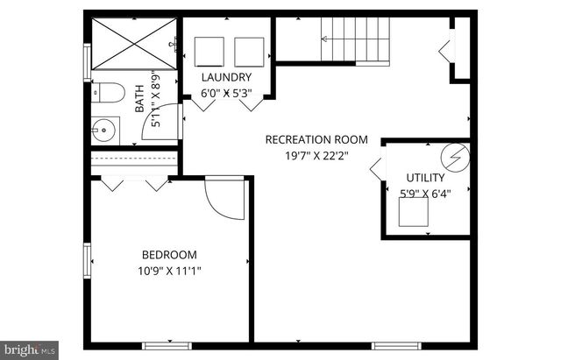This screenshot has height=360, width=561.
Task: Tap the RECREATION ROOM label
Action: (x=316, y=139)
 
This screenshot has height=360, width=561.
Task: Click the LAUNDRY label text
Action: (x=226, y=77)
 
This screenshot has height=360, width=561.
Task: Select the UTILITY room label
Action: (x=425, y=177)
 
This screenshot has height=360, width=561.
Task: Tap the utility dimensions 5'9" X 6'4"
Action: (x=425, y=194)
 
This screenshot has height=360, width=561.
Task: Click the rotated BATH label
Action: (x=139, y=99)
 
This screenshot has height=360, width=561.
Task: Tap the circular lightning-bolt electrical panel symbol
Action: (x=455, y=158)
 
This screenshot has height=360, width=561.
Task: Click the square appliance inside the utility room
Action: (x=414, y=213)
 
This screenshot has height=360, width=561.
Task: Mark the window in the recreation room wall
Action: (x=396, y=345)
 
